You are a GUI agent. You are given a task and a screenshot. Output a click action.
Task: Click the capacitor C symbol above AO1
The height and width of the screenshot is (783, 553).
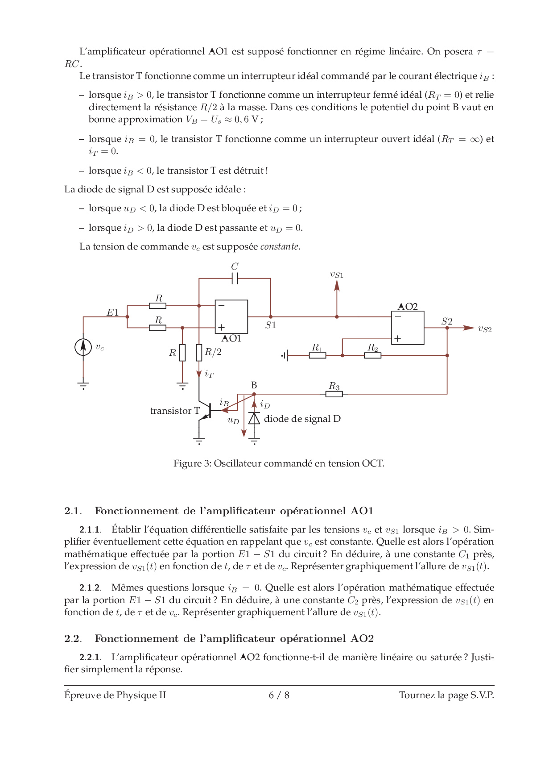(235, 279)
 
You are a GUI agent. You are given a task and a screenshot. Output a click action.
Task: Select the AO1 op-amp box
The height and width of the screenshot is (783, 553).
(231, 317)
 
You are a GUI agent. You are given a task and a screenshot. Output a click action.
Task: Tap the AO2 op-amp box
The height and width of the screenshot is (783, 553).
(408, 328)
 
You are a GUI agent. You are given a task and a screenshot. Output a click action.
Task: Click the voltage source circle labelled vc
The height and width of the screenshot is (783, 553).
(83, 347)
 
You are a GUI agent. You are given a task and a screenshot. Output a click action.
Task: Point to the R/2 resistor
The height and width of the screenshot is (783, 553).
(199, 353)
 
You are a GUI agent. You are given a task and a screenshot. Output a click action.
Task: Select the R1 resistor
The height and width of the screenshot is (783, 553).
(317, 355)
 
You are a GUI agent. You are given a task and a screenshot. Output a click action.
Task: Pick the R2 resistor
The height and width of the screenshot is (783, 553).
(372, 355)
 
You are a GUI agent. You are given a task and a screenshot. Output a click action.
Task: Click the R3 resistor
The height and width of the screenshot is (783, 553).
(334, 394)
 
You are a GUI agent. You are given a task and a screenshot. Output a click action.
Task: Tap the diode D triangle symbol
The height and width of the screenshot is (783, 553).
(254, 418)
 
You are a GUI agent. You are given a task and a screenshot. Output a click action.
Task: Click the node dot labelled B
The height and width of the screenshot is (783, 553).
(254, 394)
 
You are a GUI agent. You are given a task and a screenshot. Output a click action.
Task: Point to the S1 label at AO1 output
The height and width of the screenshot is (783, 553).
(271, 325)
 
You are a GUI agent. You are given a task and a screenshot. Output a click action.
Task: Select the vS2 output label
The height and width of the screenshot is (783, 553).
(485, 329)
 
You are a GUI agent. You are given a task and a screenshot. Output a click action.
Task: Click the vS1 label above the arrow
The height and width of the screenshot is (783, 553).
(337, 275)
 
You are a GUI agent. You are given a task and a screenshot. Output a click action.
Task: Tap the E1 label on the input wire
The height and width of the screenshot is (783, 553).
(112, 312)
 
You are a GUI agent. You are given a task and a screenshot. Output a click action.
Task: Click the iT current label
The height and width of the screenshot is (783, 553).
(209, 374)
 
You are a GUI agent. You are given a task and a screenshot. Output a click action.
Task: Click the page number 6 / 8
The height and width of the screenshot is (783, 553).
(279, 695)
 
